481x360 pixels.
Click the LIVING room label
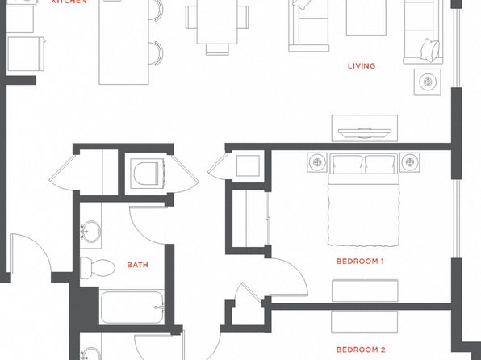362,65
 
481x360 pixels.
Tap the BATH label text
137,265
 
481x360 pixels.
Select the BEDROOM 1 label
360,262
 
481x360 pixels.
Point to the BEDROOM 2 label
361,350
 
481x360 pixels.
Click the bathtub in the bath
132,308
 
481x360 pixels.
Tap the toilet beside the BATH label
98,268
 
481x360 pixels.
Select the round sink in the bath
91,231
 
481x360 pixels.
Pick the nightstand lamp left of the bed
317,162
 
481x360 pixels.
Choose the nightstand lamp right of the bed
410,162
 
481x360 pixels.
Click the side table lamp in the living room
428,82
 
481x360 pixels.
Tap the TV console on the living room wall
365,128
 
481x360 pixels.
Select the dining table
217,22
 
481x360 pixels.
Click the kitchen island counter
124,42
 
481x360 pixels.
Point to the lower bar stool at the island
156,53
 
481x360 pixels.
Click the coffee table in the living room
366,18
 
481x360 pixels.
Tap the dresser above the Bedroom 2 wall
365,291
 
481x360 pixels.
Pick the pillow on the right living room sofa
430,50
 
